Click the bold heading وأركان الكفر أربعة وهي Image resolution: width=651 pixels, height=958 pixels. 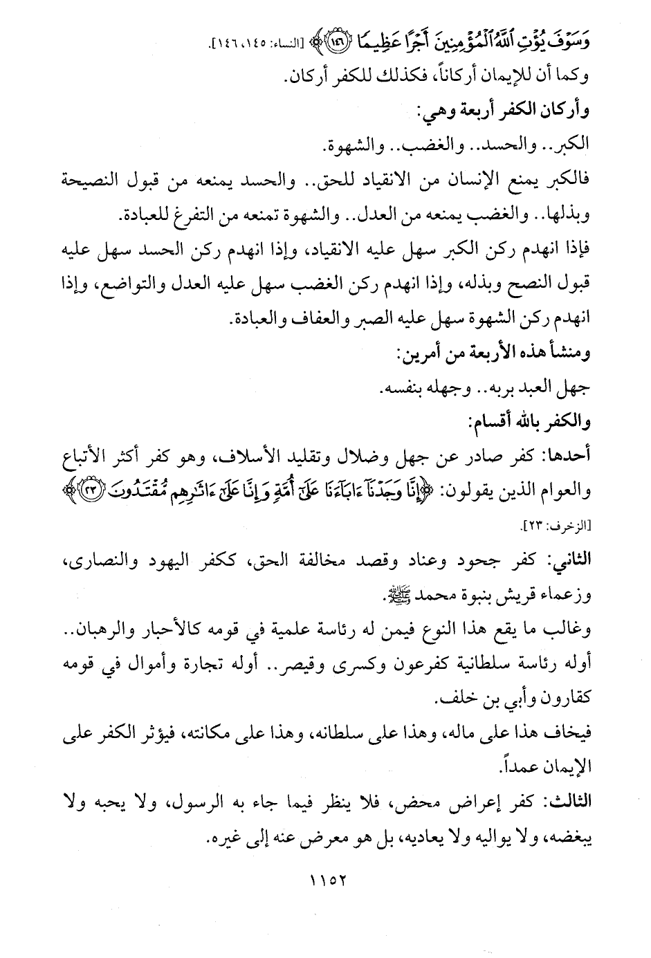click(x=504, y=109)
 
